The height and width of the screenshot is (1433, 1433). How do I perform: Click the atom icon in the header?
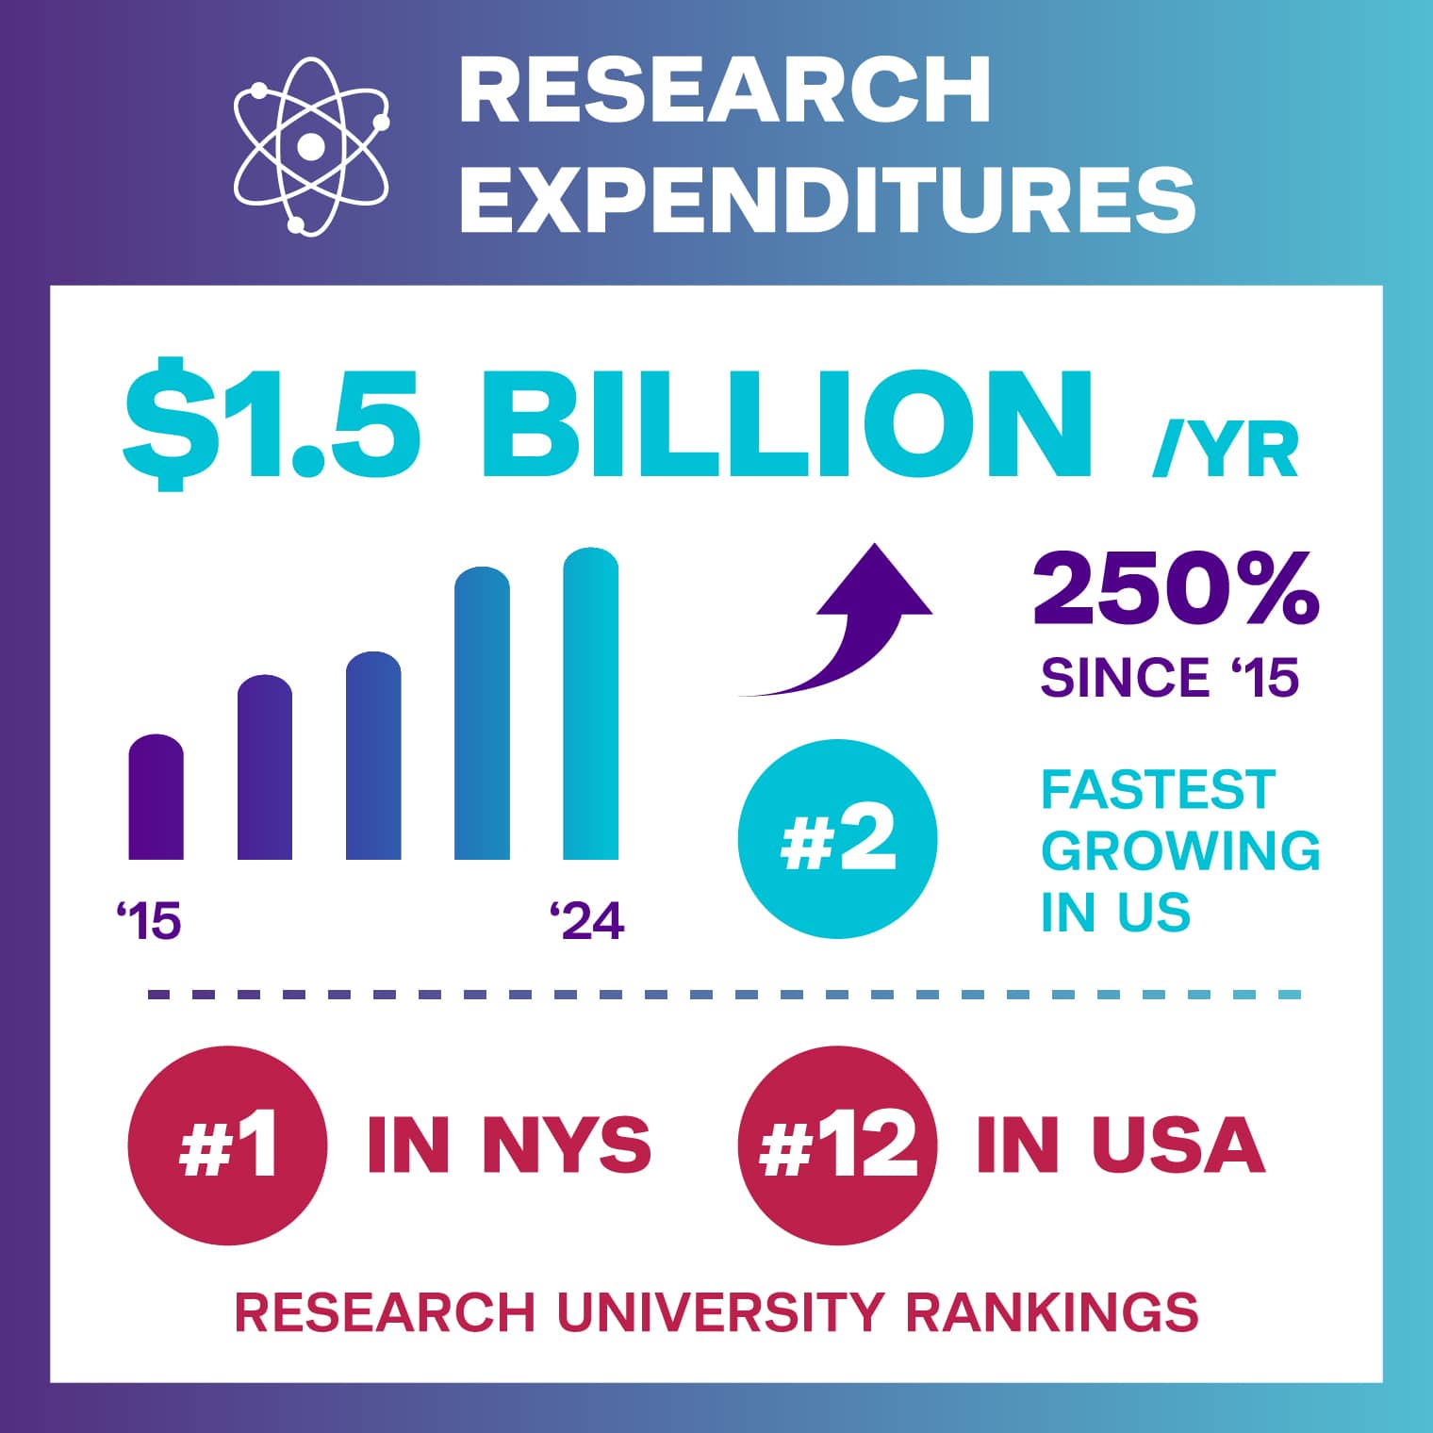(x=310, y=146)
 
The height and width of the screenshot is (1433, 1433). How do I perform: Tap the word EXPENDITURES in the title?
(x=827, y=199)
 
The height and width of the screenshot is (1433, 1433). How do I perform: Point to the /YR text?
(x=1225, y=450)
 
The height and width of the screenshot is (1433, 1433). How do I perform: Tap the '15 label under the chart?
(x=148, y=920)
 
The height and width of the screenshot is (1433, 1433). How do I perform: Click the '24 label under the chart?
(x=586, y=920)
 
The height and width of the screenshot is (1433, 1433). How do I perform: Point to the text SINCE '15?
(x=1169, y=677)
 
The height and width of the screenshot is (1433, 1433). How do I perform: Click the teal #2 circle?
(x=837, y=839)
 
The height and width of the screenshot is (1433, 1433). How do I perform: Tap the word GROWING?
(x=1180, y=850)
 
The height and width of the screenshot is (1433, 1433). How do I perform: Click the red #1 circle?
(x=227, y=1145)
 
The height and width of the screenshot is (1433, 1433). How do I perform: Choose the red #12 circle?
(x=837, y=1145)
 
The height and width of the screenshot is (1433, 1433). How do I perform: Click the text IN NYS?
(x=509, y=1145)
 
